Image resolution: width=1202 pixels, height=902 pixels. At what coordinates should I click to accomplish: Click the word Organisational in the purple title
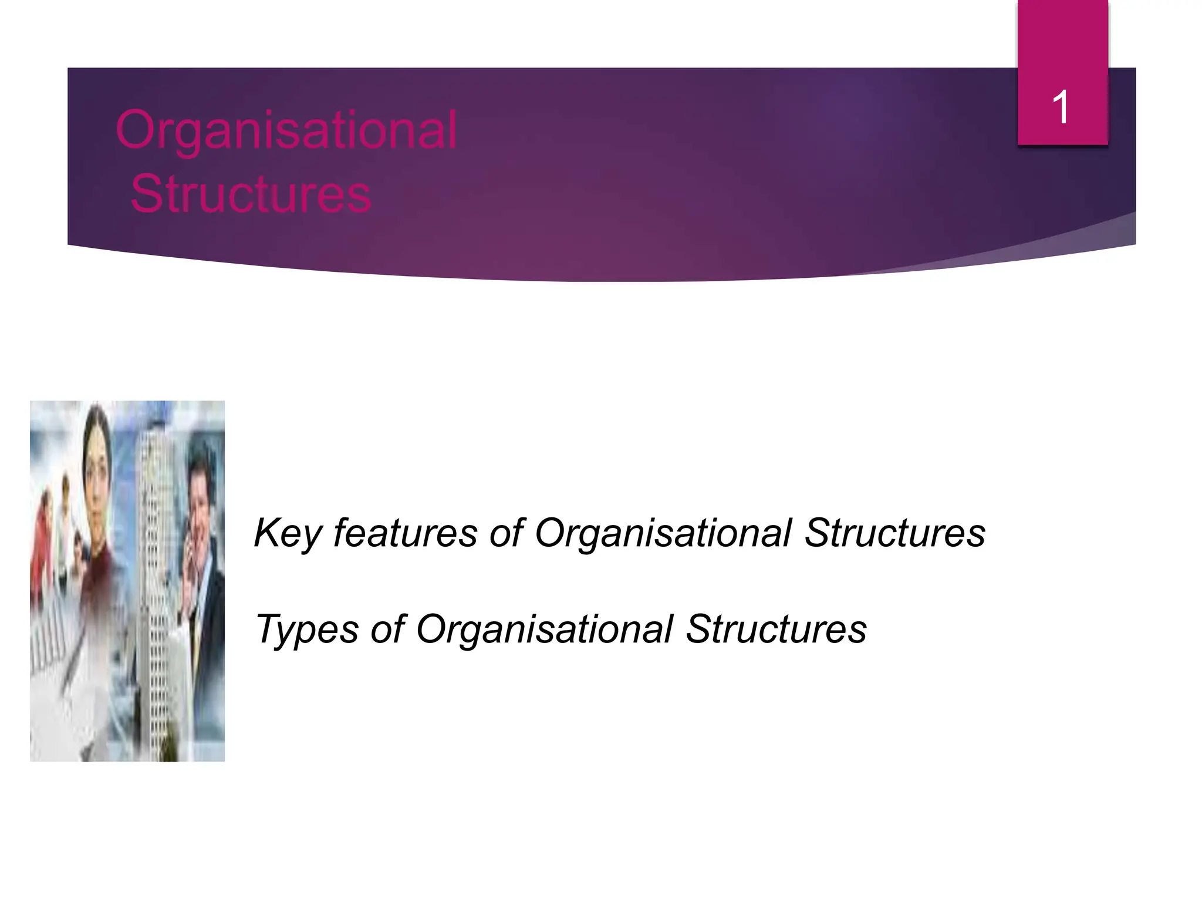pos(286,130)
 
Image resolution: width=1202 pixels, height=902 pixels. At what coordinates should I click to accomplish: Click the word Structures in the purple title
pos(251,193)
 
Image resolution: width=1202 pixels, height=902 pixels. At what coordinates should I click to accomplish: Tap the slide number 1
pos(1061,107)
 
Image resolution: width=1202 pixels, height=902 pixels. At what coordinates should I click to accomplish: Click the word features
pos(405,533)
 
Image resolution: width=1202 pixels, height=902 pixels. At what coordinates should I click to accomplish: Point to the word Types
pos(306,629)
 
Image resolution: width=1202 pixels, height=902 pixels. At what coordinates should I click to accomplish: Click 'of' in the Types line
pos(387,629)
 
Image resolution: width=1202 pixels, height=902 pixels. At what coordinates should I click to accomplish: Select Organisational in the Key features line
pos(663,533)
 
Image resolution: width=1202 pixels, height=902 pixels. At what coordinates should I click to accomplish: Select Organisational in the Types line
pos(545,629)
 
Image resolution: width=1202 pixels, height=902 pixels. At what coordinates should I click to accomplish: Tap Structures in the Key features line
pos(894,533)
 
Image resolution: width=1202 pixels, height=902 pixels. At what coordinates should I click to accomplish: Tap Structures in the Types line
pos(776,629)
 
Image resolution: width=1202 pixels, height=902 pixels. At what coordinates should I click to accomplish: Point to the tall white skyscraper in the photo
pos(156,558)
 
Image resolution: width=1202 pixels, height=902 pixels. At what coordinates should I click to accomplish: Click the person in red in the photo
pos(42,546)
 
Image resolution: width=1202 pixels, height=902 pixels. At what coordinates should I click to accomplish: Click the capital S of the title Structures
pos(147,193)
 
